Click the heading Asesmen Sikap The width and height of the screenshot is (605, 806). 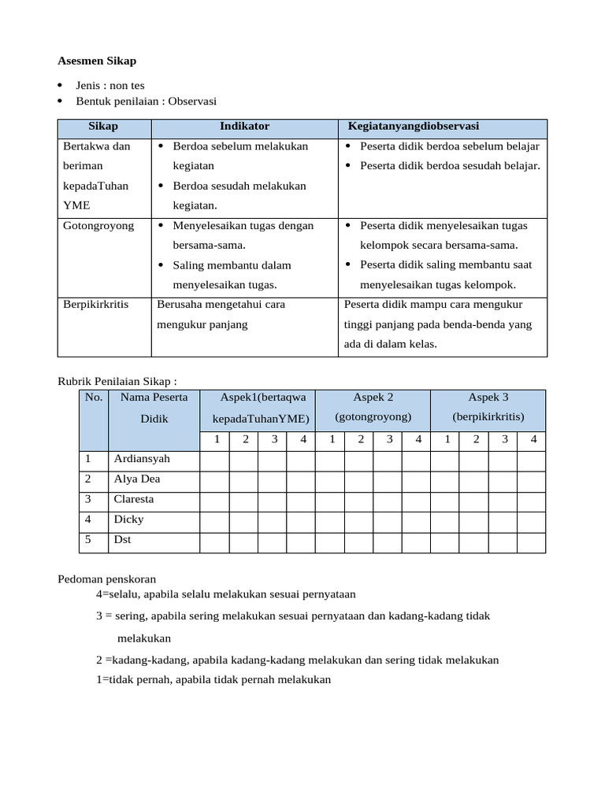point(97,61)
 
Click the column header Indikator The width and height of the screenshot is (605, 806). point(244,126)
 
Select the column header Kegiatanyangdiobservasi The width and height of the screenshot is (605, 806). point(414,126)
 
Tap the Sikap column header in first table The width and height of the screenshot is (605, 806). point(103,126)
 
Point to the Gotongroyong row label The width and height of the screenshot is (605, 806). point(98,226)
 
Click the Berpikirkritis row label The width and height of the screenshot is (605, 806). point(96,305)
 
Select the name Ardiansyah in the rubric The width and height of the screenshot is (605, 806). point(142,459)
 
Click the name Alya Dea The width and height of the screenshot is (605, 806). point(137,479)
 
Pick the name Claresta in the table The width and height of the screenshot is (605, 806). point(134,500)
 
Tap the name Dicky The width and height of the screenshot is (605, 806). point(129,520)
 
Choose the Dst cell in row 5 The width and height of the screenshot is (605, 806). point(122,541)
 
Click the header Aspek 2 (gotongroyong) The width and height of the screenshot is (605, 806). point(373,407)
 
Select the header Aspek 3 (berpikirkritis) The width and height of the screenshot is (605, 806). point(488,407)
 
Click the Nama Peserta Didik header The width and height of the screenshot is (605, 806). point(154,407)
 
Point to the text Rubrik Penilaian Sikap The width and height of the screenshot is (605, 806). point(117,382)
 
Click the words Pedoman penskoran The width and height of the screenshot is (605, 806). point(107,579)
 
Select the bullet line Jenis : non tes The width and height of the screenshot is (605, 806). point(110,85)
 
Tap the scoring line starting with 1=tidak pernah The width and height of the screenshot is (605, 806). point(213,679)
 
